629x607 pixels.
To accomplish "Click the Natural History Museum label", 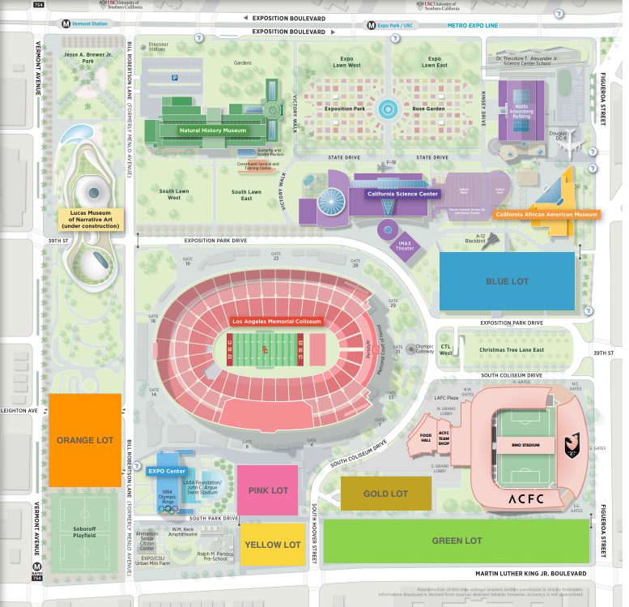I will [212, 129].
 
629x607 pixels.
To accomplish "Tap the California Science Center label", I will [402, 194].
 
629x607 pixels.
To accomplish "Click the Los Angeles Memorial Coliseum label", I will [277, 322].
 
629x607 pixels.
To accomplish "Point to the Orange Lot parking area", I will [85, 440].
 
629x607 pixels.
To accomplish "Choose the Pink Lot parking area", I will [268, 490].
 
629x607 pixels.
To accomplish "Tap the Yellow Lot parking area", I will [273, 545].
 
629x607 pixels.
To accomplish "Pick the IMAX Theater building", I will [405, 245].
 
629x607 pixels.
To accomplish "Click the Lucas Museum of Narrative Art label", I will [90, 219].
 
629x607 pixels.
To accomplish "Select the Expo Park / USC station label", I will [396, 25].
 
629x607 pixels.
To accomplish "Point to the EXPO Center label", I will [168, 471].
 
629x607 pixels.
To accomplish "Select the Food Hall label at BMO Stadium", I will [426, 438].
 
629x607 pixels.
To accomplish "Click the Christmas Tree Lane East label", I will [511, 349].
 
